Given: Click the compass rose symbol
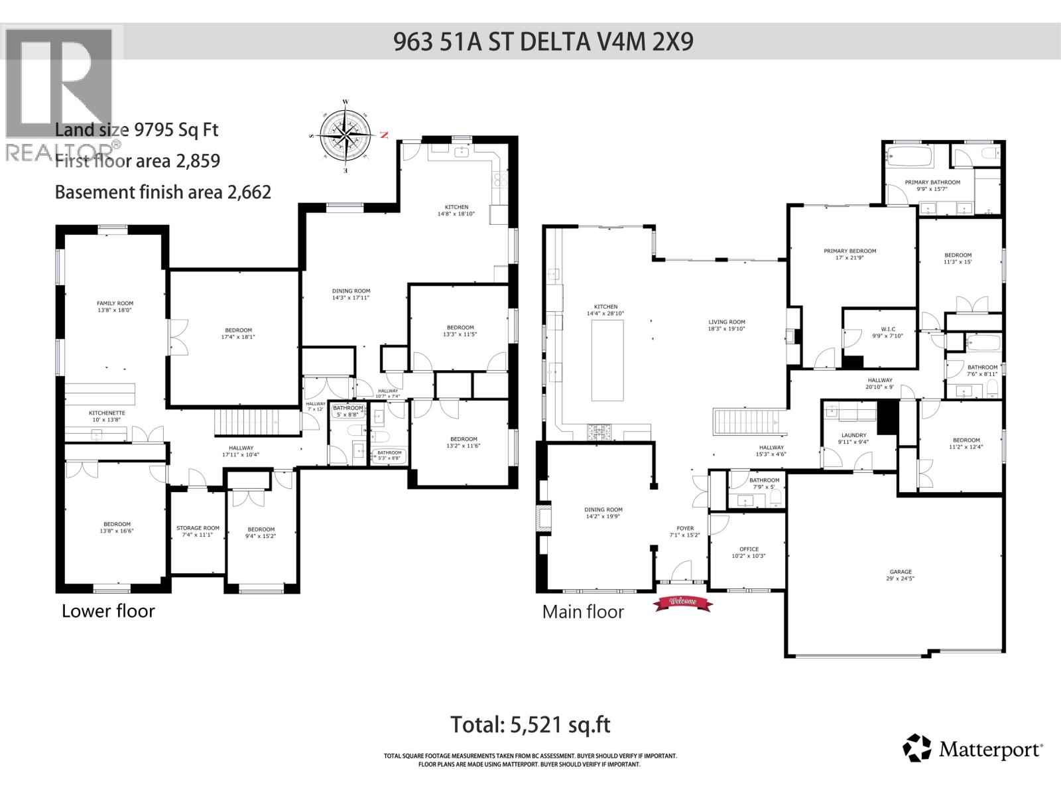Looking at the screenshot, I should tap(346, 137).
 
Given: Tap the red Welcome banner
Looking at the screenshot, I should tap(682, 602).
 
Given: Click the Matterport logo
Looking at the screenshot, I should tap(972, 750).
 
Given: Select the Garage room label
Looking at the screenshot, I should tap(901, 574).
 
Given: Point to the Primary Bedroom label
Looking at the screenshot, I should tap(849, 254).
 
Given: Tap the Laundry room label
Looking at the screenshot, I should tap(853, 438).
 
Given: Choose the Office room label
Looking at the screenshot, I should tap(749, 552).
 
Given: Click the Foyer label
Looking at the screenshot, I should tap(685, 531).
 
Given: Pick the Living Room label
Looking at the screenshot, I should tap(727, 325).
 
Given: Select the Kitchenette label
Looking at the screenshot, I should tap(107, 416).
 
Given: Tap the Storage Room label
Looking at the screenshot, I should tap(198, 531).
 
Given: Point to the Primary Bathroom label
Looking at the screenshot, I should tap(932, 185).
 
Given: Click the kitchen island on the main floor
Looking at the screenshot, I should tap(607, 360).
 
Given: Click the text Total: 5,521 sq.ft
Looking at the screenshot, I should tap(530, 724).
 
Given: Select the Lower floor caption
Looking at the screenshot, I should tap(108, 611).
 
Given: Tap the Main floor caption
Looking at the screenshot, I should tap(583, 612).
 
